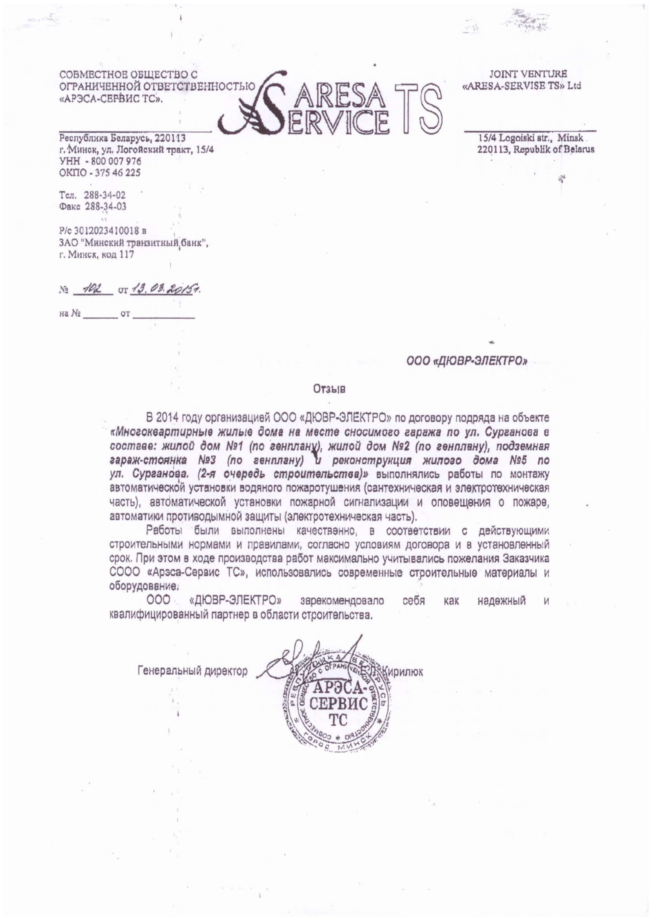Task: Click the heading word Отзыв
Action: (x=330, y=389)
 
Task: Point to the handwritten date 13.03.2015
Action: (x=165, y=288)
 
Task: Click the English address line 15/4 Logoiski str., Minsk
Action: (x=531, y=139)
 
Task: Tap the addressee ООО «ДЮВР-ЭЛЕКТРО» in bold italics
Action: (x=467, y=361)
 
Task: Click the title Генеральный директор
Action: (x=192, y=671)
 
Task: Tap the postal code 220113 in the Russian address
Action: (x=170, y=139)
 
